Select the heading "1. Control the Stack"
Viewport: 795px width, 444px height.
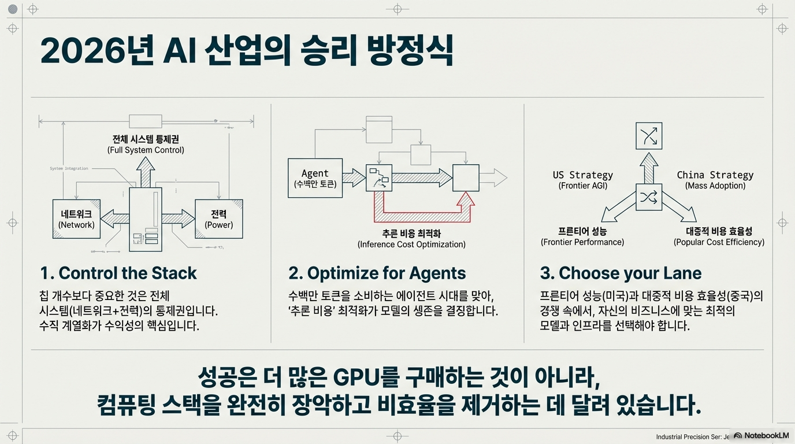tap(118, 273)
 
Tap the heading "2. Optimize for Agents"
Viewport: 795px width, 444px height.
tap(377, 273)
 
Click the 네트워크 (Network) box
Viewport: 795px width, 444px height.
tap(77, 219)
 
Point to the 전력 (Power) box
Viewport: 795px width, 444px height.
tap(218, 219)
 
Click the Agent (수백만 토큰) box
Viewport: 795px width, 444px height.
tap(315, 178)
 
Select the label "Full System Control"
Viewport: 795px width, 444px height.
tap(146, 150)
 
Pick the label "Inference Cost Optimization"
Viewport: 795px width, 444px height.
tap(411, 245)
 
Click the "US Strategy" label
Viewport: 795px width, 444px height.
tap(582, 175)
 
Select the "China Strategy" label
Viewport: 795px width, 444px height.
tap(715, 175)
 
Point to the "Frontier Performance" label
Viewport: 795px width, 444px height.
tap(582, 242)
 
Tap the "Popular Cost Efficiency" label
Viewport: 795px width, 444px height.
tap(719, 242)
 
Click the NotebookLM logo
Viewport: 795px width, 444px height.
tap(761, 435)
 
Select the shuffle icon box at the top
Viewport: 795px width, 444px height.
tap(648, 136)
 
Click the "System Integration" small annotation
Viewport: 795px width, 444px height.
tap(69, 169)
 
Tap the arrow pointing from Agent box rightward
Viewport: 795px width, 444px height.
tap(354, 178)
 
